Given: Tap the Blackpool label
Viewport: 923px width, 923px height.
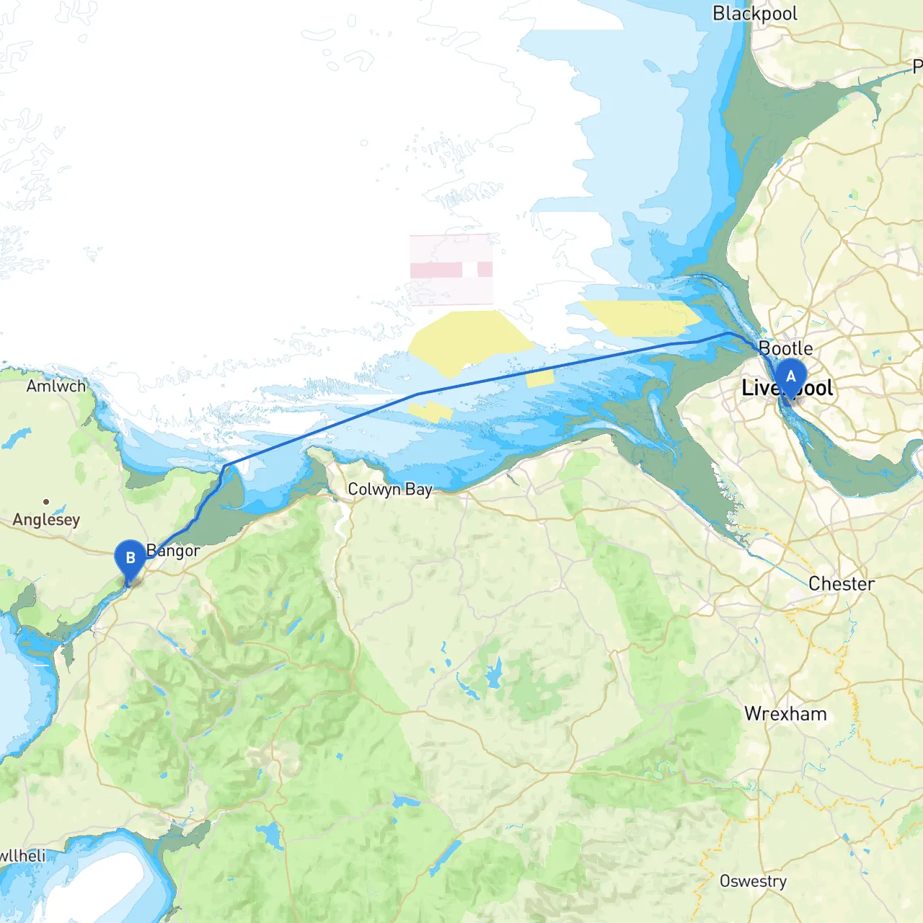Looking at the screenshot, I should [x=755, y=14].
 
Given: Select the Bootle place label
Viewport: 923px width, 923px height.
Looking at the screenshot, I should [x=786, y=348].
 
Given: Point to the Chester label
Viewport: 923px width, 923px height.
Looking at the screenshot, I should [x=842, y=583].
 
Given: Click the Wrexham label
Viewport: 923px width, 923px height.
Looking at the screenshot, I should [x=785, y=714].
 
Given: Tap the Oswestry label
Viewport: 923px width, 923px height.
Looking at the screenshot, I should [x=753, y=881].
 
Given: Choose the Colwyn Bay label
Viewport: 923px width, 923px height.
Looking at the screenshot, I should [x=389, y=489].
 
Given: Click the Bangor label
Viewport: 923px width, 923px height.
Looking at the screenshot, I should [x=174, y=551].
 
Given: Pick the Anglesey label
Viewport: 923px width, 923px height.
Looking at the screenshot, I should [x=46, y=519].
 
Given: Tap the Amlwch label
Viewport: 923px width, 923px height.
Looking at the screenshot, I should [x=56, y=386].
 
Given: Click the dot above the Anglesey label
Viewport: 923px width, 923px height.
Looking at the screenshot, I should [x=46, y=501].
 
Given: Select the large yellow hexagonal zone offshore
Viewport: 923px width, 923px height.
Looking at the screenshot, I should [x=469, y=339].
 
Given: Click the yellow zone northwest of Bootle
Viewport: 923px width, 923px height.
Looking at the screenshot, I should [x=638, y=318].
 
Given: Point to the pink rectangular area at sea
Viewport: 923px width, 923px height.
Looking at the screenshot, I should [x=451, y=269].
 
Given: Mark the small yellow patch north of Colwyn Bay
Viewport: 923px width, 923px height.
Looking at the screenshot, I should [x=430, y=412].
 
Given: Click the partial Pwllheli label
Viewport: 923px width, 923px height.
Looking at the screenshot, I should [x=22, y=856].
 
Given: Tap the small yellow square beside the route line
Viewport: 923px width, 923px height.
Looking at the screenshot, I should [x=539, y=378].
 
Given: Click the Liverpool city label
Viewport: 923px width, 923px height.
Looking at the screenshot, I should [x=786, y=389].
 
